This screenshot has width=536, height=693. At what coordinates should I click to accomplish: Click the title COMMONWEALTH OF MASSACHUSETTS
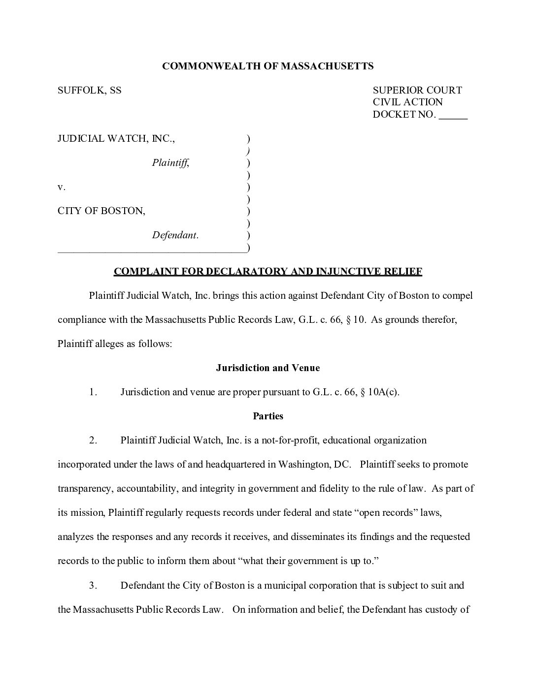pyautogui.click(x=268, y=66)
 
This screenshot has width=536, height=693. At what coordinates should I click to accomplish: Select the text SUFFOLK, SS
pyautogui.click(x=90, y=91)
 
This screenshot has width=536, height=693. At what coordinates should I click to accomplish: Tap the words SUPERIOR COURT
pyautogui.click(x=417, y=91)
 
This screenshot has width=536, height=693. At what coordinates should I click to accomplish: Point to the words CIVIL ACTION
pyautogui.click(x=407, y=102)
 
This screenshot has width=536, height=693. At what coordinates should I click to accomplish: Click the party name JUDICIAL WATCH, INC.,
pyautogui.click(x=116, y=139)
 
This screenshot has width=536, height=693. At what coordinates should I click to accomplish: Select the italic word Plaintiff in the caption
pyautogui.click(x=170, y=163)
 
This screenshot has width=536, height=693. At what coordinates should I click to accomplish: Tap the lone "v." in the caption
pyautogui.click(x=62, y=187)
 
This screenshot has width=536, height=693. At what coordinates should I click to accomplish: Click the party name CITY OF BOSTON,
pyautogui.click(x=101, y=211)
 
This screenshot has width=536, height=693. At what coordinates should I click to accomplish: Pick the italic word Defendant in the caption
pyautogui.click(x=175, y=235)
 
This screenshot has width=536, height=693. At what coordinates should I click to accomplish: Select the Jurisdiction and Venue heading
pyautogui.click(x=268, y=368)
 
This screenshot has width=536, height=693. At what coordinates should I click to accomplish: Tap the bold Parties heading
pyautogui.click(x=268, y=416)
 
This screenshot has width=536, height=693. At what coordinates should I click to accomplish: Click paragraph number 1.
pyautogui.click(x=93, y=392)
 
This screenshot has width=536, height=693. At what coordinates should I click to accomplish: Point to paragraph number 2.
pyautogui.click(x=93, y=441)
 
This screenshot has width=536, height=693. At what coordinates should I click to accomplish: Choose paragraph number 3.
pyautogui.click(x=93, y=586)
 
